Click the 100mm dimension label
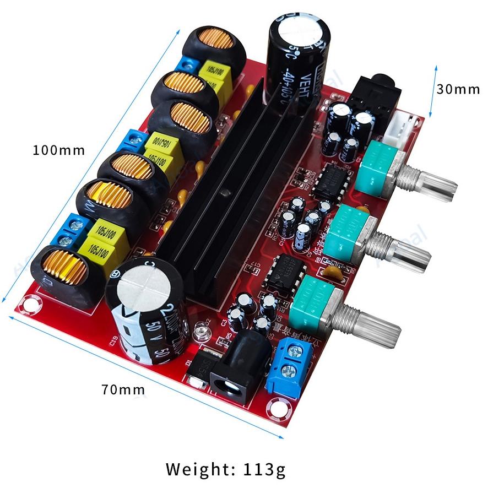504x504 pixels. (59, 150)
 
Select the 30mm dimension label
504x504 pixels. (458, 89)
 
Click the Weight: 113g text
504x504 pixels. (226, 469)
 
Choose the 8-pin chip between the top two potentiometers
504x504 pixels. (332, 182)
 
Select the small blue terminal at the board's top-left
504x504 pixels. (189, 64)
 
